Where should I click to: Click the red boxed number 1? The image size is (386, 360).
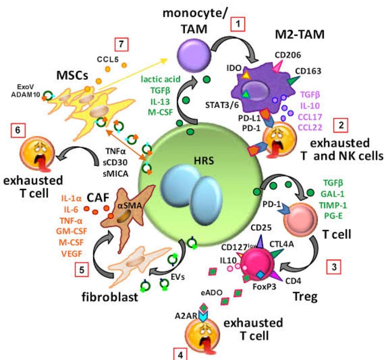coord(238,25)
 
